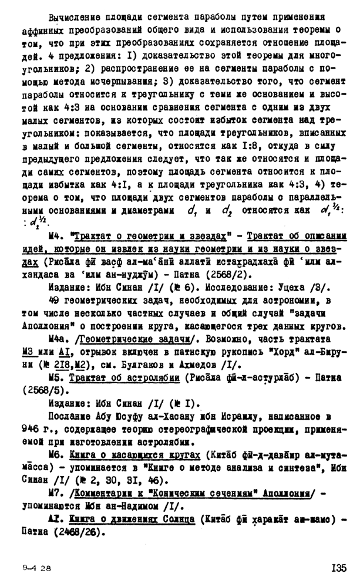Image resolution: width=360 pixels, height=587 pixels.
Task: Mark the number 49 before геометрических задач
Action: coord(56,301)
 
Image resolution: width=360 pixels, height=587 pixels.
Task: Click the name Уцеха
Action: coord(295,288)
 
